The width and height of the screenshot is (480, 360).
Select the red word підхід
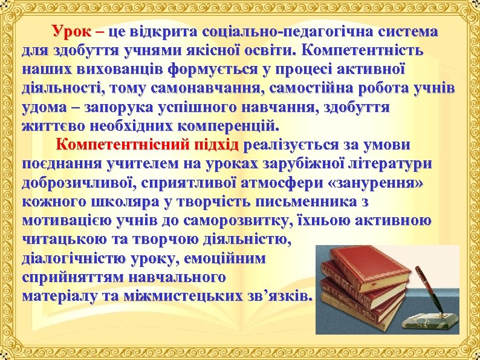(215, 146)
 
